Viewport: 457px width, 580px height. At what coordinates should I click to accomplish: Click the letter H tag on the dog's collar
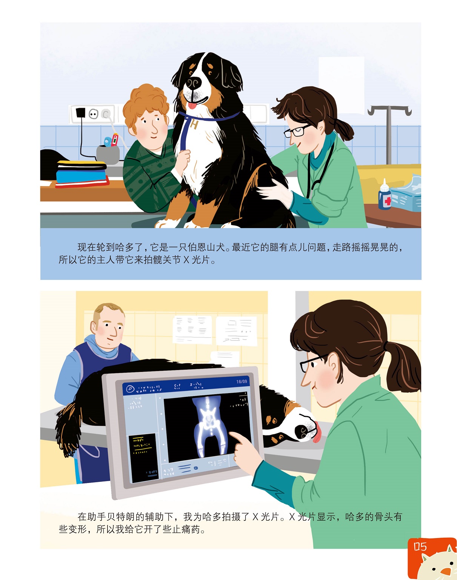(x=194, y=125)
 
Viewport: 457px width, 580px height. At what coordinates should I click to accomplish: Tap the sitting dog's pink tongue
(x=192, y=105)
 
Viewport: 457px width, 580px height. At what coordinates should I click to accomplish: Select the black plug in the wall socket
(x=80, y=112)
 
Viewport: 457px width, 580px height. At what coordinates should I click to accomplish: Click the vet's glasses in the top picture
(x=296, y=131)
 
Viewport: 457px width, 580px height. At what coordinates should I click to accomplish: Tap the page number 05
(x=420, y=547)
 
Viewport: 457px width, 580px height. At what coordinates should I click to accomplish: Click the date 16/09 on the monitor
(x=242, y=382)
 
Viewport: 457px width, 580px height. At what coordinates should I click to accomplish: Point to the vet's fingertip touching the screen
(x=231, y=433)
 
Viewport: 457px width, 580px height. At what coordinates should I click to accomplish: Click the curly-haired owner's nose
(x=155, y=130)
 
